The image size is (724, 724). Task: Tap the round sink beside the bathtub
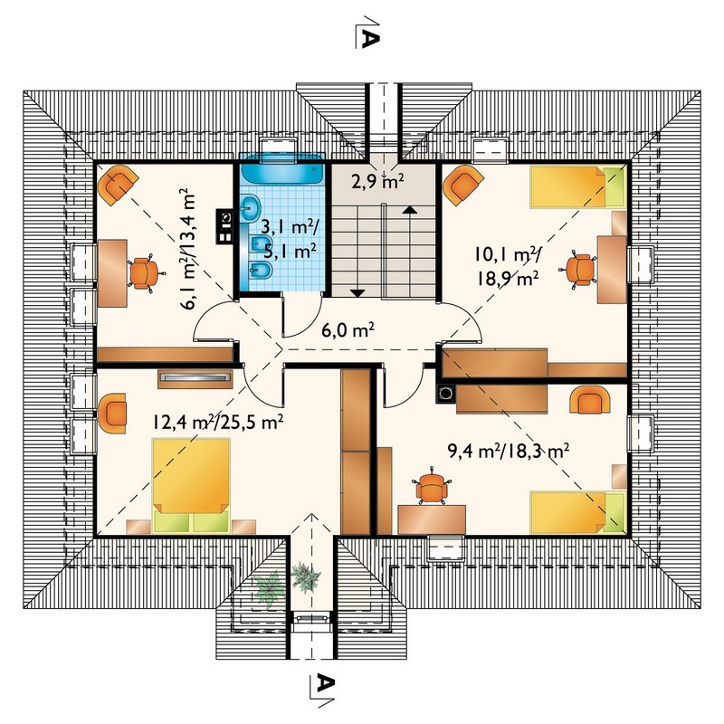click(250, 208)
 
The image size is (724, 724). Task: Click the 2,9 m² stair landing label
click(377, 182)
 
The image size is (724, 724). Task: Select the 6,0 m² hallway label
click(348, 330)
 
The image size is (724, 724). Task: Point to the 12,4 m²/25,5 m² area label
click(218, 422)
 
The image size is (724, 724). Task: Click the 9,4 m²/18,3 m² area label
click(509, 451)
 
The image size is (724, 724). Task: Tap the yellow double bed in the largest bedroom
click(191, 486)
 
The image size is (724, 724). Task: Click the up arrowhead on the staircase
click(410, 210)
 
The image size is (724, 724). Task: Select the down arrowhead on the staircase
click(357, 292)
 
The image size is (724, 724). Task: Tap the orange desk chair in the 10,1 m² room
click(580, 269)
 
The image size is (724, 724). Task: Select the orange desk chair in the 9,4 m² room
click(433, 486)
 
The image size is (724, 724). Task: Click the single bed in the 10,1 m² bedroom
click(578, 187)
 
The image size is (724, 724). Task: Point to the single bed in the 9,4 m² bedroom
click(578, 512)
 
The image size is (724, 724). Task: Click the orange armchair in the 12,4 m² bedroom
click(112, 414)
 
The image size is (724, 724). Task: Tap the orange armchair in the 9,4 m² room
click(591, 400)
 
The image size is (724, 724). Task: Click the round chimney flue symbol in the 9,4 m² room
click(445, 394)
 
